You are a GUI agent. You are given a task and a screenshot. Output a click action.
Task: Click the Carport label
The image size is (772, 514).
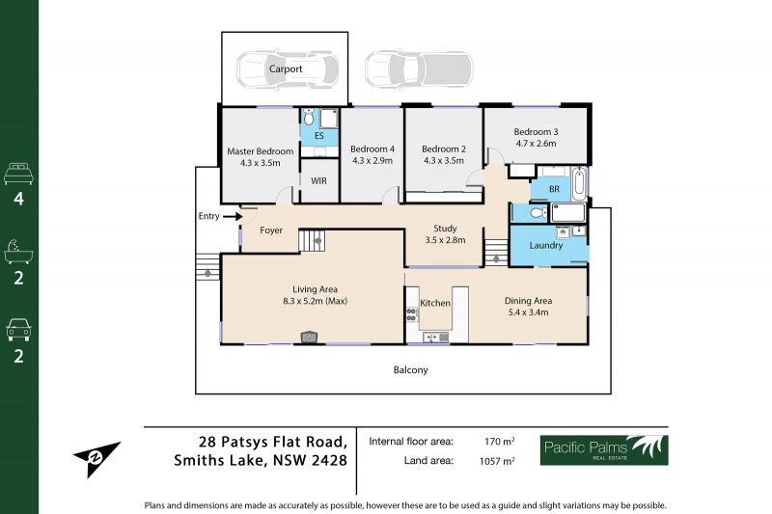(286, 68)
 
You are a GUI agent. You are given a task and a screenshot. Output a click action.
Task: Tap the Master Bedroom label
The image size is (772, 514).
(260, 151)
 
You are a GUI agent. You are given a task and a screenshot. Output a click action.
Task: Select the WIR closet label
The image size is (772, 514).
(318, 181)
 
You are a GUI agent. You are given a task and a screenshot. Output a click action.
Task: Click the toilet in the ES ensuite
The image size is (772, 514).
(309, 118)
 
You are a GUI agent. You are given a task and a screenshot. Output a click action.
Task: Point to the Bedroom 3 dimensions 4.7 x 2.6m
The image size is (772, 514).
(536, 144)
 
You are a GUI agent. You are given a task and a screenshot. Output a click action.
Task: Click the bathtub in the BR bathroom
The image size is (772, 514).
(579, 184)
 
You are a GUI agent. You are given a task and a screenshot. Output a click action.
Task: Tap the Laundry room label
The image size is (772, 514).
(546, 246)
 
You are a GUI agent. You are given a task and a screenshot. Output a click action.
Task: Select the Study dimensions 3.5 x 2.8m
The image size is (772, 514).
(445, 240)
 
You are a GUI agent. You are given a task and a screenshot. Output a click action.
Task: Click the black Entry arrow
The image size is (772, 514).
(233, 216)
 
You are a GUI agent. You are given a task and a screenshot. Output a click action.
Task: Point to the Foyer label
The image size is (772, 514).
(271, 230)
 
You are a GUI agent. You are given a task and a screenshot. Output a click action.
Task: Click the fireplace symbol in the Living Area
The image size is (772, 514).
(309, 337)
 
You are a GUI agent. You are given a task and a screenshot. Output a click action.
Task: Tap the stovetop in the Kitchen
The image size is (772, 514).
(412, 314)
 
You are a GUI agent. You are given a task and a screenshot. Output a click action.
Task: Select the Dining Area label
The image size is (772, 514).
(528, 301)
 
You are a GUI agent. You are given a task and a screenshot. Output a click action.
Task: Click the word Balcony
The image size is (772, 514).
(411, 370)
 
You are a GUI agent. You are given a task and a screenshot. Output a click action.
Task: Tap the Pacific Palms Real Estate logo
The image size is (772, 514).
(604, 450)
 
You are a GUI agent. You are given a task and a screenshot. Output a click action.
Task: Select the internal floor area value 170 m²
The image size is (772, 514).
(499, 442)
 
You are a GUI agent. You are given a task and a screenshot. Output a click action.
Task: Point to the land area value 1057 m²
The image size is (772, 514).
(497, 461)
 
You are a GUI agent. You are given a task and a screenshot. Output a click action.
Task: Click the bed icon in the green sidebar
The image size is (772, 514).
(18, 175)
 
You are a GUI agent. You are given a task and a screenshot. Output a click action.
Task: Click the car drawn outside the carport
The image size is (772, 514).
(419, 68)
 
